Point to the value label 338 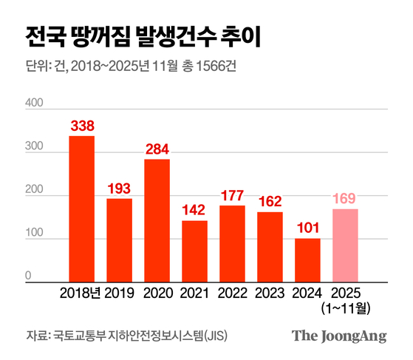pyautogui.click(x=81, y=126)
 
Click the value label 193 pyautogui.click(x=119, y=189)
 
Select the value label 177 pyautogui.click(x=232, y=195)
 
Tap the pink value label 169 pyautogui.click(x=345, y=199)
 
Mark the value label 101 pyautogui.click(x=307, y=228)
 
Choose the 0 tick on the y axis pyautogui.click(x=30, y=276)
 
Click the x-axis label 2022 pyautogui.click(x=232, y=293)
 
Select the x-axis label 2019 pyautogui.click(x=119, y=293)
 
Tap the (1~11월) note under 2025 pyautogui.click(x=345, y=307)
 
